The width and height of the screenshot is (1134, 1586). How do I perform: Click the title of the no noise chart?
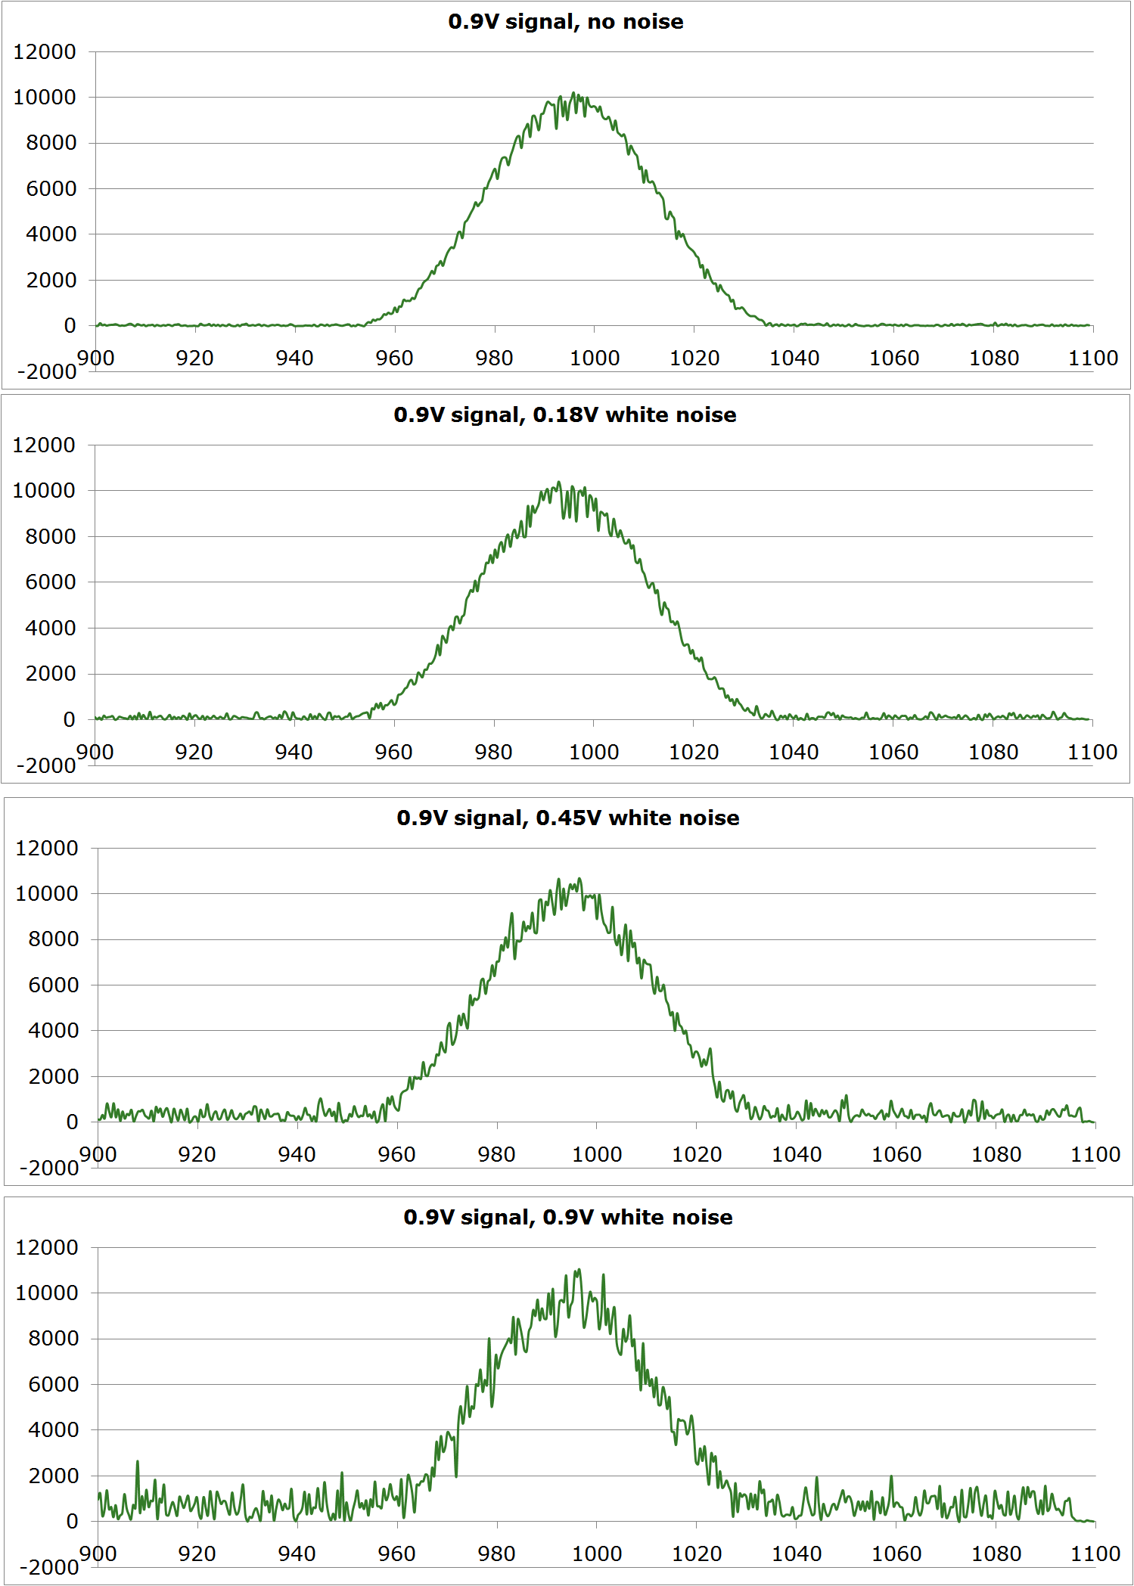[x=565, y=22]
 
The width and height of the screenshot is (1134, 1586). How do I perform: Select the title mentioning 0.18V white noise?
[x=564, y=415]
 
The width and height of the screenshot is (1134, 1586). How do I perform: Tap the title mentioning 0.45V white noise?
[x=567, y=818]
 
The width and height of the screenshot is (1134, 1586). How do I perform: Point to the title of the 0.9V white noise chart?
[x=567, y=1218]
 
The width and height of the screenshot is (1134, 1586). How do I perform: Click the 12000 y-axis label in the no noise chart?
[x=45, y=52]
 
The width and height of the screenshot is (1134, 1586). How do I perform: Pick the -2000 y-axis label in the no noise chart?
[x=46, y=371]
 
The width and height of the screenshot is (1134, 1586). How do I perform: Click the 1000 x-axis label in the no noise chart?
[x=594, y=358]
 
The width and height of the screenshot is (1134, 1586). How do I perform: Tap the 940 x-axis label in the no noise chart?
[x=294, y=358]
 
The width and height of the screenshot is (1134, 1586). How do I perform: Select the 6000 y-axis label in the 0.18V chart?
[x=50, y=582]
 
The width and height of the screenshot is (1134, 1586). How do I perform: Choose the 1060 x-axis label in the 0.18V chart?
[x=893, y=753]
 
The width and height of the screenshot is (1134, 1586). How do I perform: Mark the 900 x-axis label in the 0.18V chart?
[x=95, y=753]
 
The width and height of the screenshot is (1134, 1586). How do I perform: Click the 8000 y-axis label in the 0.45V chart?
[x=53, y=939]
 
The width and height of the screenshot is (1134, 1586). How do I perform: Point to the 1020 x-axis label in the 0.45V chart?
[x=696, y=1155]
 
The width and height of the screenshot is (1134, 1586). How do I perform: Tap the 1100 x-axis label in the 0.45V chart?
[x=1095, y=1155]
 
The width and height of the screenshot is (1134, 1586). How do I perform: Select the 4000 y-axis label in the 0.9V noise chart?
[x=53, y=1430]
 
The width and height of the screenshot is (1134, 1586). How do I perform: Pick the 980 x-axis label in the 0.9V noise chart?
[x=496, y=1554]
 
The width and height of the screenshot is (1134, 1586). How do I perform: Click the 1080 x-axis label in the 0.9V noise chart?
[x=996, y=1554]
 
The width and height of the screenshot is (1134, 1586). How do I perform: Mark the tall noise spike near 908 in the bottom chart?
[x=138, y=1462]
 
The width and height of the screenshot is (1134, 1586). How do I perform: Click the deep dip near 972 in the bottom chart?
[x=456, y=1475]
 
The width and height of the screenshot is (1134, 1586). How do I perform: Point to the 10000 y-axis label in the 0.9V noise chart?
[x=47, y=1293]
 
